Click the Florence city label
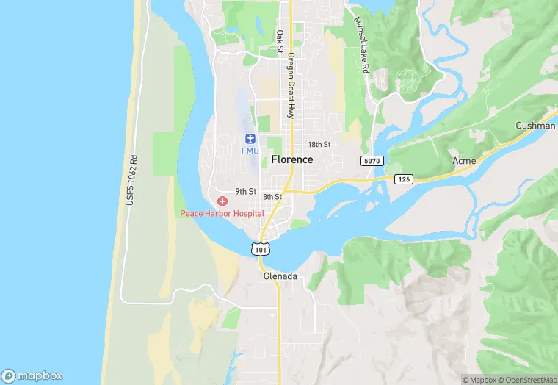tap(291, 159)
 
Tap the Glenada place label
tap(280, 276)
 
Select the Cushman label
tap(535, 126)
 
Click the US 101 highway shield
tap(260, 248)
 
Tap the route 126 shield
tap(403, 179)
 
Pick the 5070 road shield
tap(372, 160)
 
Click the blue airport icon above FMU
tap(249, 139)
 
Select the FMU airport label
tap(250, 151)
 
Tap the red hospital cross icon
tap(222, 201)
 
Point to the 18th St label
tap(319, 145)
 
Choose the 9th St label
tap(245, 192)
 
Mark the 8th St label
tap(272, 197)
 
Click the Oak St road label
tap(280, 42)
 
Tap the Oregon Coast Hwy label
tap(291, 86)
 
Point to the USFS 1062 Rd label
tap(132, 179)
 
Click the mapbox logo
tap(30, 373)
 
